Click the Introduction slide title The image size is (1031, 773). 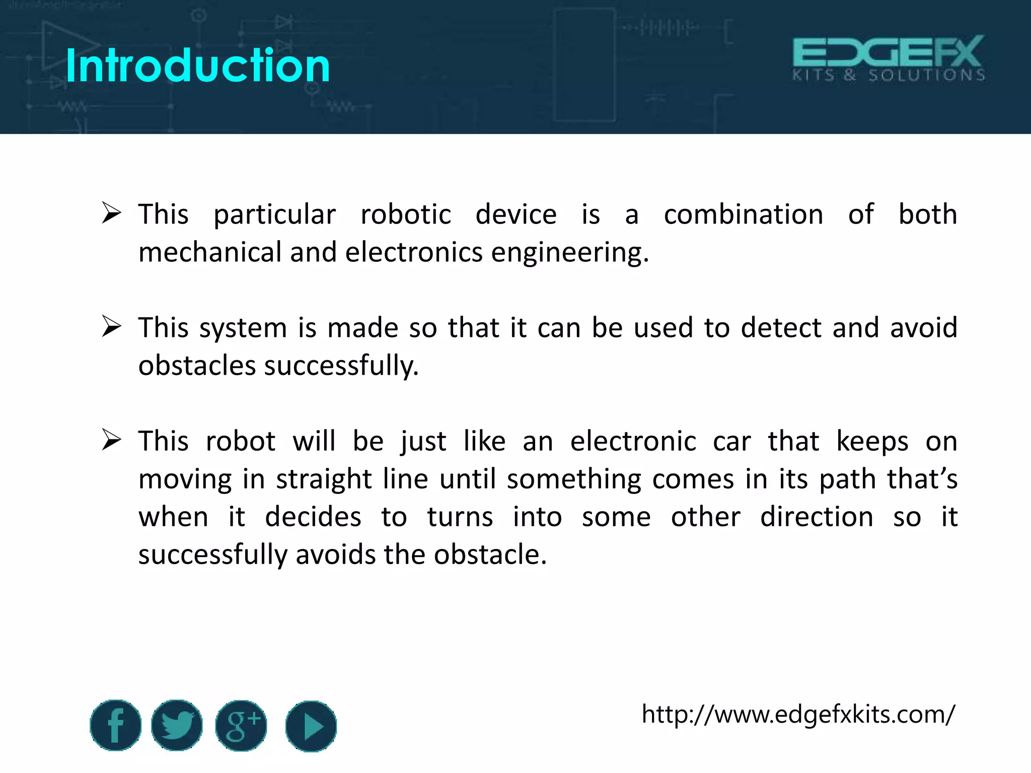(197, 65)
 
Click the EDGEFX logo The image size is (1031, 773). (889, 58)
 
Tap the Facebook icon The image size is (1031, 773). (115, 725)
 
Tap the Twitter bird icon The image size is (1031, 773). (177, 725)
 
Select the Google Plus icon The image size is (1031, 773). (241, 725)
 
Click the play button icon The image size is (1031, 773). (311, 726)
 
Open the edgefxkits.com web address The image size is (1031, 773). (798, 714)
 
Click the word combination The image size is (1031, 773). (743, 215)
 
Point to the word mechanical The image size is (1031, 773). (209, 252)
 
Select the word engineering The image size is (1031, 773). (569, 253)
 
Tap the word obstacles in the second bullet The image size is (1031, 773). (197, 365)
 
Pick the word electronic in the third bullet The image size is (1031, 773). (633, 441)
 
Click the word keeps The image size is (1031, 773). (872, 442)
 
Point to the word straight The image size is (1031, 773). (324, 480)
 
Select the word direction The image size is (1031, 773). (816, 517)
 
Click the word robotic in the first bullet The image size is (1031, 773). (406, 215)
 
